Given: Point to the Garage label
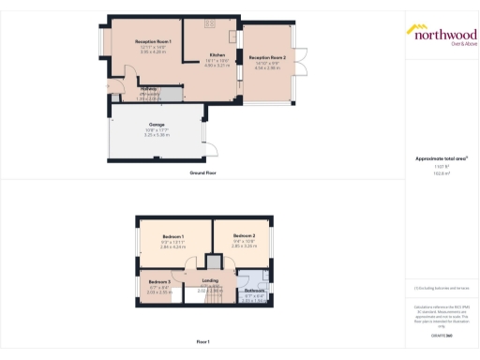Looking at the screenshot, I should click(x=157, y=124).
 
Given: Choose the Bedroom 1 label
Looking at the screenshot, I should click(x=172, y=235).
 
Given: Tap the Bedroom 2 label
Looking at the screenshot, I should click(x=244, y=235).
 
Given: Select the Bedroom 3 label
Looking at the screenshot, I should click(x=157, y=281).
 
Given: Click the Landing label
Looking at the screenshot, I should click(x=210, y=280).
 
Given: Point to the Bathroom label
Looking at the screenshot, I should click(x=255, y=291).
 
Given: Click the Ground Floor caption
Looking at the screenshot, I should click(x=203, y=173).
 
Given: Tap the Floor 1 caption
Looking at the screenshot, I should click(x=203, y=341).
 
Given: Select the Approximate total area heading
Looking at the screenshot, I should click(x=441, y=158).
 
